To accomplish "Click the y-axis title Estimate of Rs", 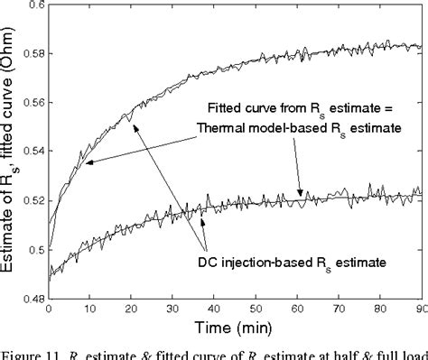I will [11, 153].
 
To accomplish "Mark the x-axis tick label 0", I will [48, 310].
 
